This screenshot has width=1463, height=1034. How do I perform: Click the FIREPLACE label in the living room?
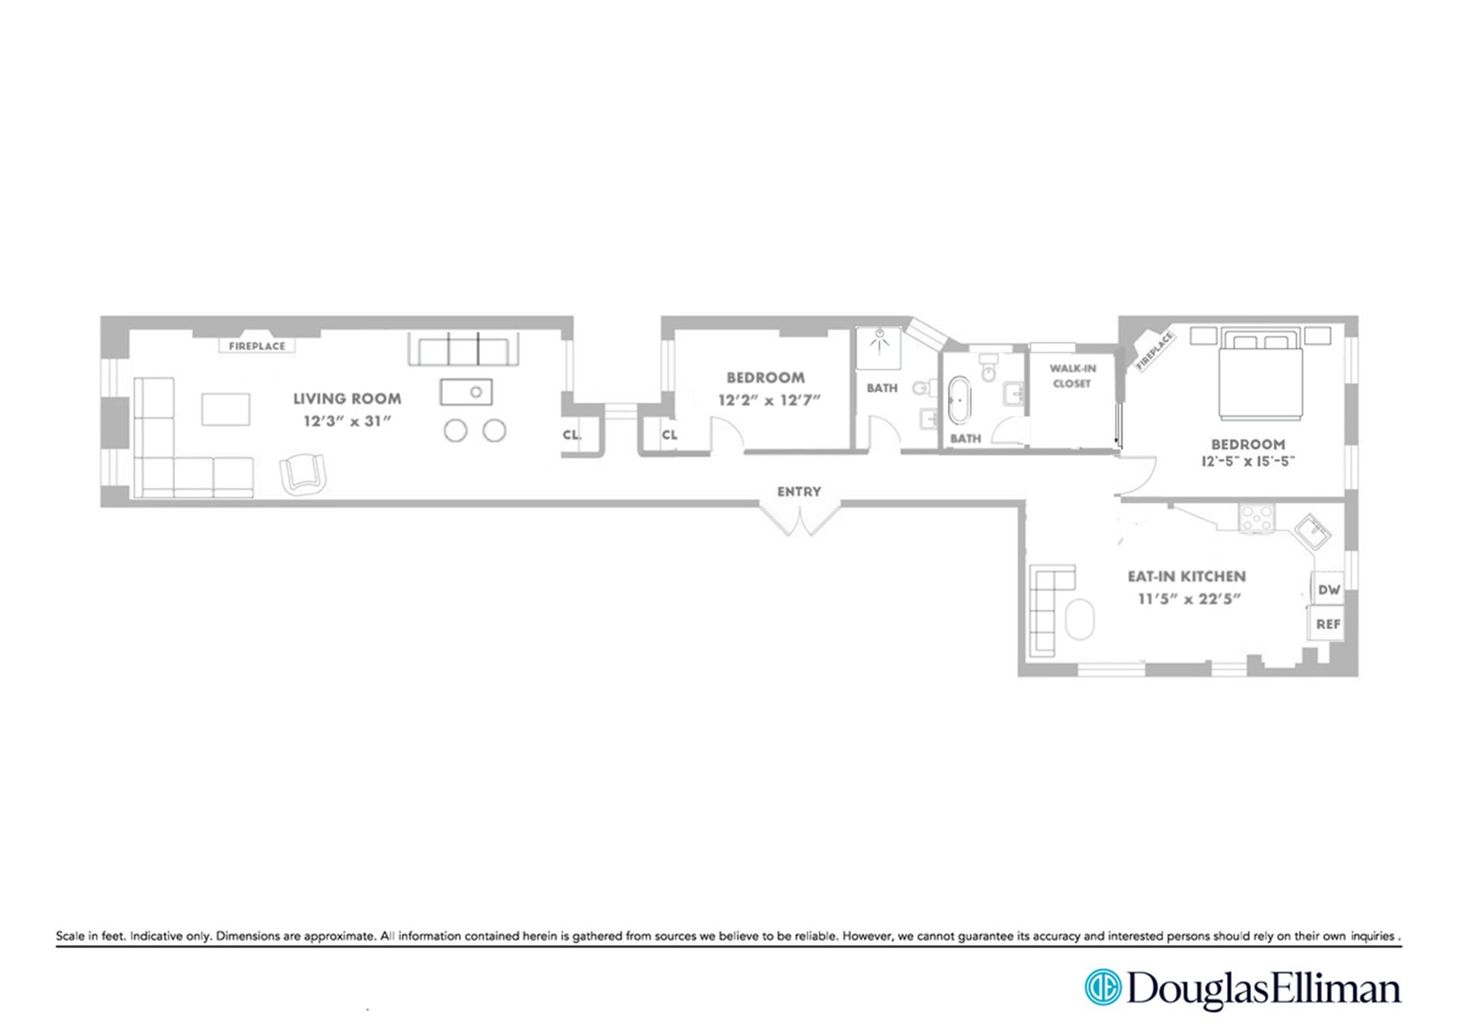point(257,346)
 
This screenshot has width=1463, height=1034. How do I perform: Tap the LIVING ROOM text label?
point(347,399)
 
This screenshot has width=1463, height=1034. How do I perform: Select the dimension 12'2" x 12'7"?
point(769,400)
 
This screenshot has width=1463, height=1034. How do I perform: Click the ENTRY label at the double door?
point(799,491)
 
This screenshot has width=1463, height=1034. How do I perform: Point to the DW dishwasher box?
point(1328,590)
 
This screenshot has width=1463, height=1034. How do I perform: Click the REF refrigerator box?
point(1327,624)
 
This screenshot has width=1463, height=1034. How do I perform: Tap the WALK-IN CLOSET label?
point(1072,376)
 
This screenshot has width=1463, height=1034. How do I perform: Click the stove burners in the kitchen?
point(1256,518)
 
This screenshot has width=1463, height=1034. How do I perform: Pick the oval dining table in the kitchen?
point(1079,619)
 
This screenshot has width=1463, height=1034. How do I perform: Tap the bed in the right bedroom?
point(1259,375)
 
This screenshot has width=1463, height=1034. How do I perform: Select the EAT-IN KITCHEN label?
point(1186,577)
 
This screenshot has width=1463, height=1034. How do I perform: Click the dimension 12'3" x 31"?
point(347,421)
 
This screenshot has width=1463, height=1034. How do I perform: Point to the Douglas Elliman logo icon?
point(1103,988)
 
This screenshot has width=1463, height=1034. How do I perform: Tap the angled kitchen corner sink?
point(1312,531)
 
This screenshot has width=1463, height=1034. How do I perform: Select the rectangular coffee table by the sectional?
point(226,409)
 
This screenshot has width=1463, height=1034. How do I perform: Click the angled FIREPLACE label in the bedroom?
point(1154,351)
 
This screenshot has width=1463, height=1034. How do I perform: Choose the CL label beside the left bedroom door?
point(669,435)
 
